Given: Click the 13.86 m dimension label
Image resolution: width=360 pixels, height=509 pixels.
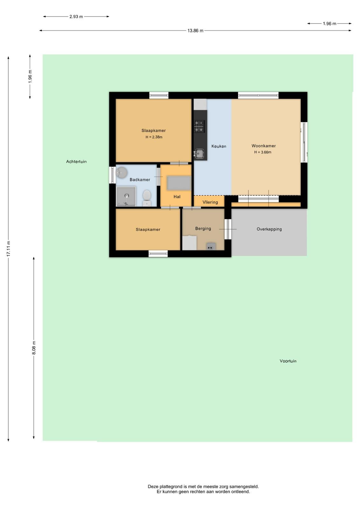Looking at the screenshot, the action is (195, 31).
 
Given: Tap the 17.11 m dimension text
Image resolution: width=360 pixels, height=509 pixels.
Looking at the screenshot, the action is (8, 248).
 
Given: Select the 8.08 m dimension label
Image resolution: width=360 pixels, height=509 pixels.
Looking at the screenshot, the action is (34, 348).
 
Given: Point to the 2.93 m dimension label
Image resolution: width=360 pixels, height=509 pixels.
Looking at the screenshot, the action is (76, 17).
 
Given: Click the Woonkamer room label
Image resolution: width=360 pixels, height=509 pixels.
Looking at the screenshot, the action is (263, 146).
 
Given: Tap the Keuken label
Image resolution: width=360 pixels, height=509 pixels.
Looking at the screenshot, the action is (219, 146).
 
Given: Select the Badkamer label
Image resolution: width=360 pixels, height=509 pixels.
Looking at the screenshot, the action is (140, 179).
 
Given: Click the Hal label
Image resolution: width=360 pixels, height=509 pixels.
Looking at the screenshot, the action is (177, 197).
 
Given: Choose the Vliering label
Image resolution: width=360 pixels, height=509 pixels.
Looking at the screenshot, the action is (210, 202).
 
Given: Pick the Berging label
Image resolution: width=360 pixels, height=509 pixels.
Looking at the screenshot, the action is (203, 228).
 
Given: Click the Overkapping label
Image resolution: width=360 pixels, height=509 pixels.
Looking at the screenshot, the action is (269, 229).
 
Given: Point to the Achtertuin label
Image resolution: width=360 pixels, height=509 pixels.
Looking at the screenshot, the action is (76, 162).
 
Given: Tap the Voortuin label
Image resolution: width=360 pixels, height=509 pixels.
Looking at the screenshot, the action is (288, 361).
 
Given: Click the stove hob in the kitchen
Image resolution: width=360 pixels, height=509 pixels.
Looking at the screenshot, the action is (199, 126).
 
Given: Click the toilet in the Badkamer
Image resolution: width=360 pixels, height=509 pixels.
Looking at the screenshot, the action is (147, 198).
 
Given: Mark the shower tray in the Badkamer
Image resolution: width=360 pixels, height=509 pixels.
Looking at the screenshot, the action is (126, 197).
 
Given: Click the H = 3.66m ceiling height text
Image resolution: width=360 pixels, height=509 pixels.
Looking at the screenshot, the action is (263, 152).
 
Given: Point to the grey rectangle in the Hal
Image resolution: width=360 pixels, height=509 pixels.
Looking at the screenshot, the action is (179, 183).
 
